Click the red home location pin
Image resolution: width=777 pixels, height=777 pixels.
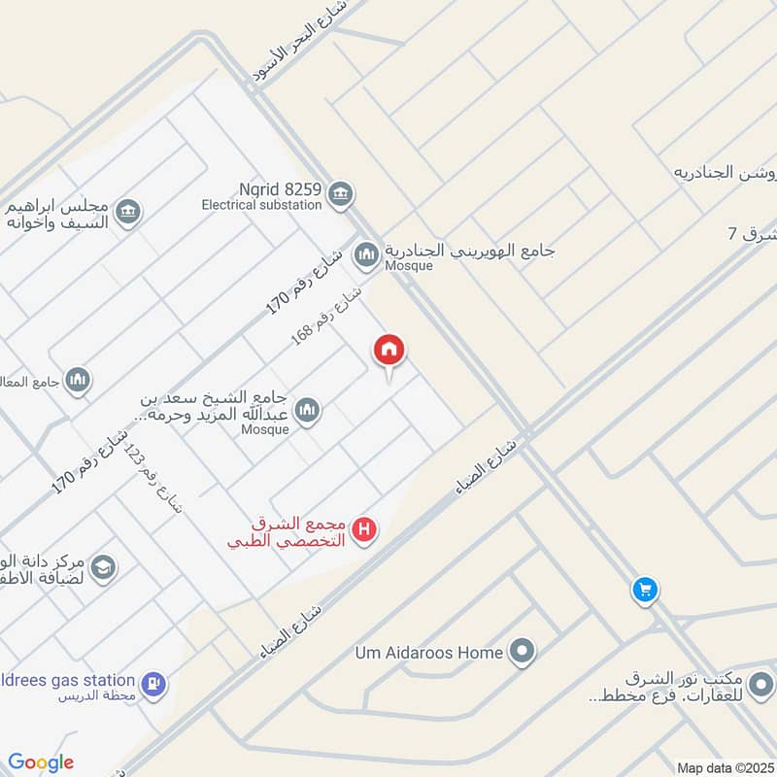pos(389,352)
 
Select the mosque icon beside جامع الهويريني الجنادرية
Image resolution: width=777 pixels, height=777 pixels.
pos(366,255)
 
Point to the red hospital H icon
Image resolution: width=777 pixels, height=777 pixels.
pos(364,530)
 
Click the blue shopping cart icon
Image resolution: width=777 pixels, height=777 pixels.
pos(643,589)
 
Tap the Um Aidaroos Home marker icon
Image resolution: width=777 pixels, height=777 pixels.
pos(524,653)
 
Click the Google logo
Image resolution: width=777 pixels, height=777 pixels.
pos(41,762)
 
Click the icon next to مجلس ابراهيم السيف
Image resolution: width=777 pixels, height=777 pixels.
pos(127,212)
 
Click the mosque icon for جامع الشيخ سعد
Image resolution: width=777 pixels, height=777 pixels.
pos(307,411)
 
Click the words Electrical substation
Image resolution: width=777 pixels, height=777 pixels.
pos(261,205)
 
